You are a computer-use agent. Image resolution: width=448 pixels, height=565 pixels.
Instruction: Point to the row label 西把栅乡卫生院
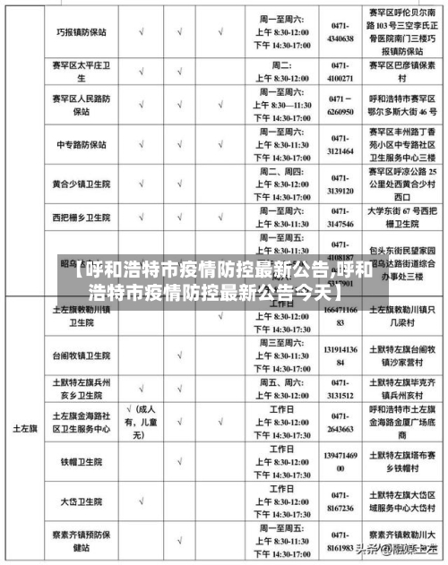click(80, 218)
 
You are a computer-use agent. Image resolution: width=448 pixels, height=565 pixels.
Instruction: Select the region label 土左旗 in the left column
click(22, 429)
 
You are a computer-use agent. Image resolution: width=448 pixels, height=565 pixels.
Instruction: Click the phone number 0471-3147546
click(341, 218)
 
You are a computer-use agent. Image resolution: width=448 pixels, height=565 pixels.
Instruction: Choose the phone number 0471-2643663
click(341, 422)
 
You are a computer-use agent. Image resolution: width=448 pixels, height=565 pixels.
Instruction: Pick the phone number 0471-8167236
click(341, 502)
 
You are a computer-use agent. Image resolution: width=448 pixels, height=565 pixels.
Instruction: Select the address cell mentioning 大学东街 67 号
click(401, 218)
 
